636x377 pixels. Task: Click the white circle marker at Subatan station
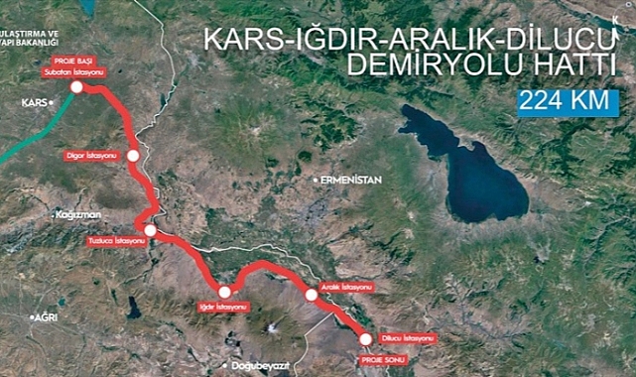(76, 87)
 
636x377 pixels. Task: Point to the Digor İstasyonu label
(90, 156)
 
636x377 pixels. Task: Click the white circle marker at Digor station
(132, 156)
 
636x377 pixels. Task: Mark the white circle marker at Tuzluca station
(150, 231)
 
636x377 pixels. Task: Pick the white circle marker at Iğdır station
(225, 292)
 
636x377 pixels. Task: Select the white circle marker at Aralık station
(311, 295)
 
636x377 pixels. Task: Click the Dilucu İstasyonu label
(408, 338)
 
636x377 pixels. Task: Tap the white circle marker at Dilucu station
(363, 339)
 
